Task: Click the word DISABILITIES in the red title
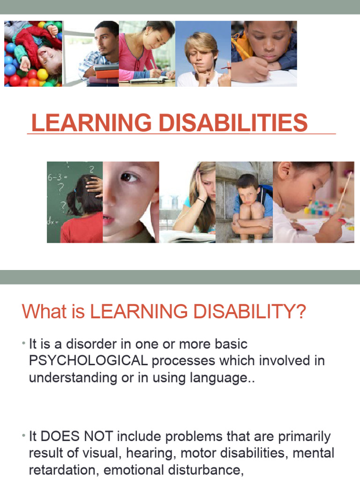(233, 122)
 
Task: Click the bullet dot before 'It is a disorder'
(23, 345)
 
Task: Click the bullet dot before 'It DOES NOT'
(23, 437)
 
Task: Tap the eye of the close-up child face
(129, 177)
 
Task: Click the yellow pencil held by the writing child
(241, 48)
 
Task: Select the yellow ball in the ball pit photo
(42, 74)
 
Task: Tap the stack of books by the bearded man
(106, 75)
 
